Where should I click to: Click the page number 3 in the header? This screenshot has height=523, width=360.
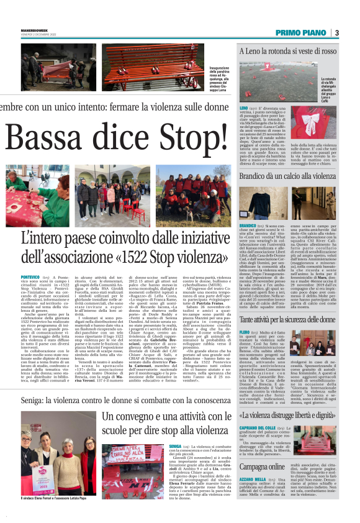(336, 33)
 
